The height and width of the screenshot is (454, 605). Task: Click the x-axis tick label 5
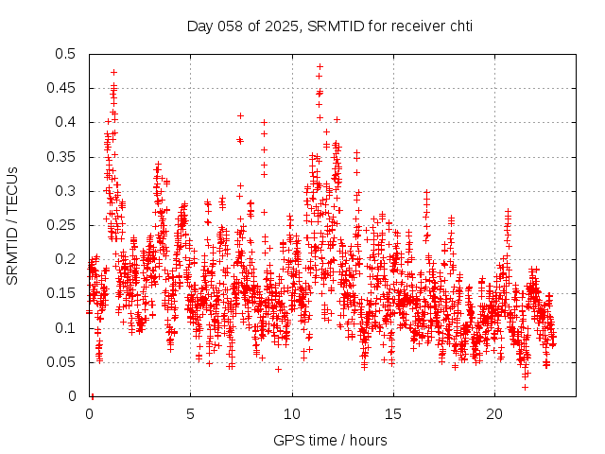(190, 414)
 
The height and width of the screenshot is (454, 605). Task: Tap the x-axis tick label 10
(292, 414)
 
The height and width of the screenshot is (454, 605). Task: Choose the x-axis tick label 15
(393, 414)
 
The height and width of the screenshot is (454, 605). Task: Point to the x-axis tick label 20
(494, 414)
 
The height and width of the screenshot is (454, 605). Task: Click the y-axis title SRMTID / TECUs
(12, 225)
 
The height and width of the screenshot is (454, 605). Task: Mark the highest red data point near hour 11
(320, 66)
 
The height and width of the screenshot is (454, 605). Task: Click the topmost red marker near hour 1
(113, 72)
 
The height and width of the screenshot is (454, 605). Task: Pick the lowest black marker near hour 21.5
(525, 386)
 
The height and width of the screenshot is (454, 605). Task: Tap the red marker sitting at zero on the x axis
(92, 395)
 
